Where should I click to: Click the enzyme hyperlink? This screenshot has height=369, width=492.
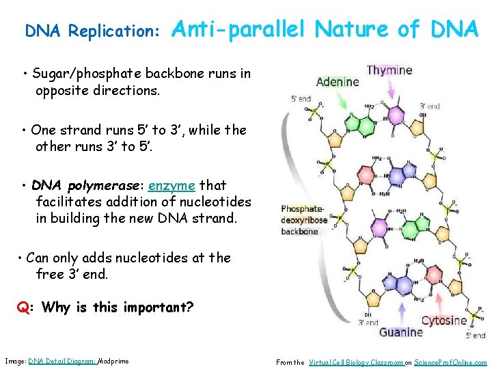point(172,186)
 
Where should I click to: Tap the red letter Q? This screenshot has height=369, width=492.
point(23,307)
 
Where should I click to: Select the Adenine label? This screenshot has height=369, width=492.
point(338,82)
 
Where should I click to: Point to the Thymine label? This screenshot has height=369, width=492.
point(389,70)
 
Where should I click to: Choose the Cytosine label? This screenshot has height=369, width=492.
point(444,320)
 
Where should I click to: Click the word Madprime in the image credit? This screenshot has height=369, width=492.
point(113,361)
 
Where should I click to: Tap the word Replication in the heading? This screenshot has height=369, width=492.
point(114,32)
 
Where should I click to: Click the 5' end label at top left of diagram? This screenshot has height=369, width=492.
point(301,100)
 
